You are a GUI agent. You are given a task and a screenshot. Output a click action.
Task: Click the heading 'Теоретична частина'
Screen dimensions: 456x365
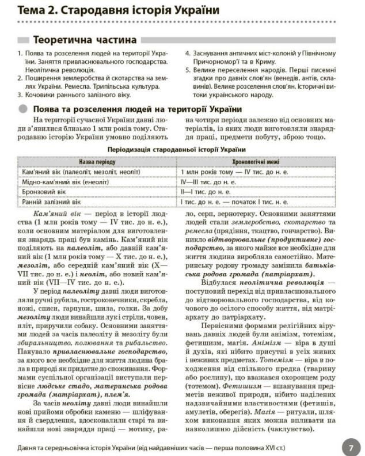85,40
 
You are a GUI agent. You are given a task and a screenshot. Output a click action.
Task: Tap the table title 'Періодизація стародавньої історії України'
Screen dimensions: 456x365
182,150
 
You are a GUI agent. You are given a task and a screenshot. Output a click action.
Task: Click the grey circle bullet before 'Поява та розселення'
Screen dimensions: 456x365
22,109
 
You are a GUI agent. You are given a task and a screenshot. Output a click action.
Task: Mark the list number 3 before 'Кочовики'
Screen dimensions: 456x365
20,94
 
